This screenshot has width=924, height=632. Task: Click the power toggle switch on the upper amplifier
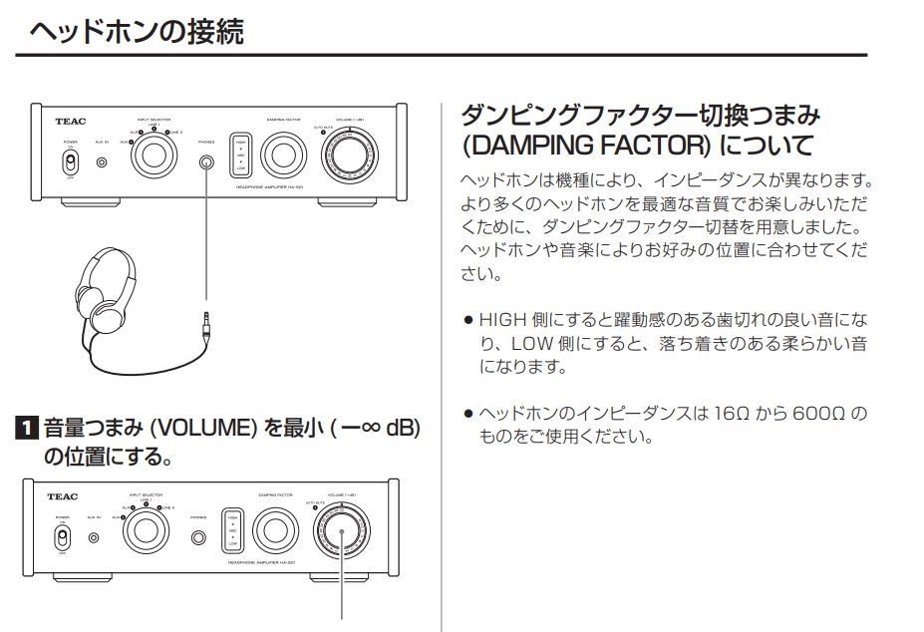71,162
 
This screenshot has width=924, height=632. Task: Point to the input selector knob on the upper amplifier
154,156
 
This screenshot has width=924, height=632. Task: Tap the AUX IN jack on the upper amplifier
102,160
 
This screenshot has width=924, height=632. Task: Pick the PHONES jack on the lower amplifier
198,538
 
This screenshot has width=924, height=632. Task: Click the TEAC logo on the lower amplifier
63,495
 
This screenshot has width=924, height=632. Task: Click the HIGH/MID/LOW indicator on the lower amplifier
233,534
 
